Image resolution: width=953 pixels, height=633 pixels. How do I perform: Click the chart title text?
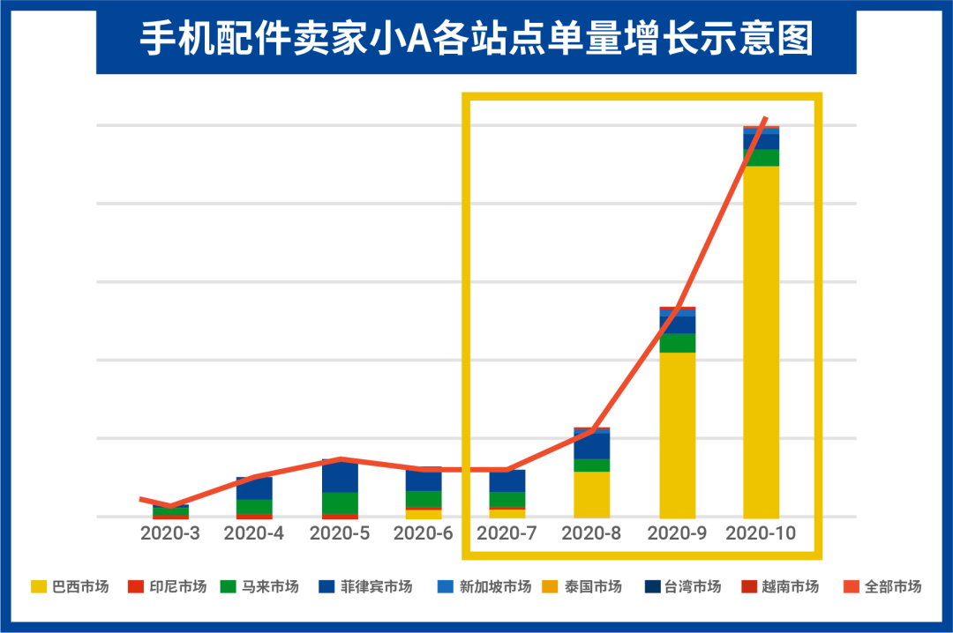(476, 39)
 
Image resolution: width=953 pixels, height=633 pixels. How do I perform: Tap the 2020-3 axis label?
(170, 533)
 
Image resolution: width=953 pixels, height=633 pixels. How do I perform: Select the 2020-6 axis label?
(423, 533)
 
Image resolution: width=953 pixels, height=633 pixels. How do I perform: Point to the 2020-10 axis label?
(761, 533)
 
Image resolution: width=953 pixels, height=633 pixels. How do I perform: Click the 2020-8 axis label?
(591, 533)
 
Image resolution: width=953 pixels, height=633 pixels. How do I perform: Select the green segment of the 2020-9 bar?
(677, 343)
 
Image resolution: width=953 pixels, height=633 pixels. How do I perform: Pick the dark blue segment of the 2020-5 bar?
(340, 476)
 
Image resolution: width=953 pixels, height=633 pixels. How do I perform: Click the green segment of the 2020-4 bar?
(254, 506)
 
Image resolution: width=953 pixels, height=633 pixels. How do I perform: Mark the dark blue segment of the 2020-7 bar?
(507, 480)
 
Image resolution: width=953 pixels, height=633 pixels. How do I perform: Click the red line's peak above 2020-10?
(766, 118)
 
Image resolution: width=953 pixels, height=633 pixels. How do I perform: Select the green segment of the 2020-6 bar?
(424, 499)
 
